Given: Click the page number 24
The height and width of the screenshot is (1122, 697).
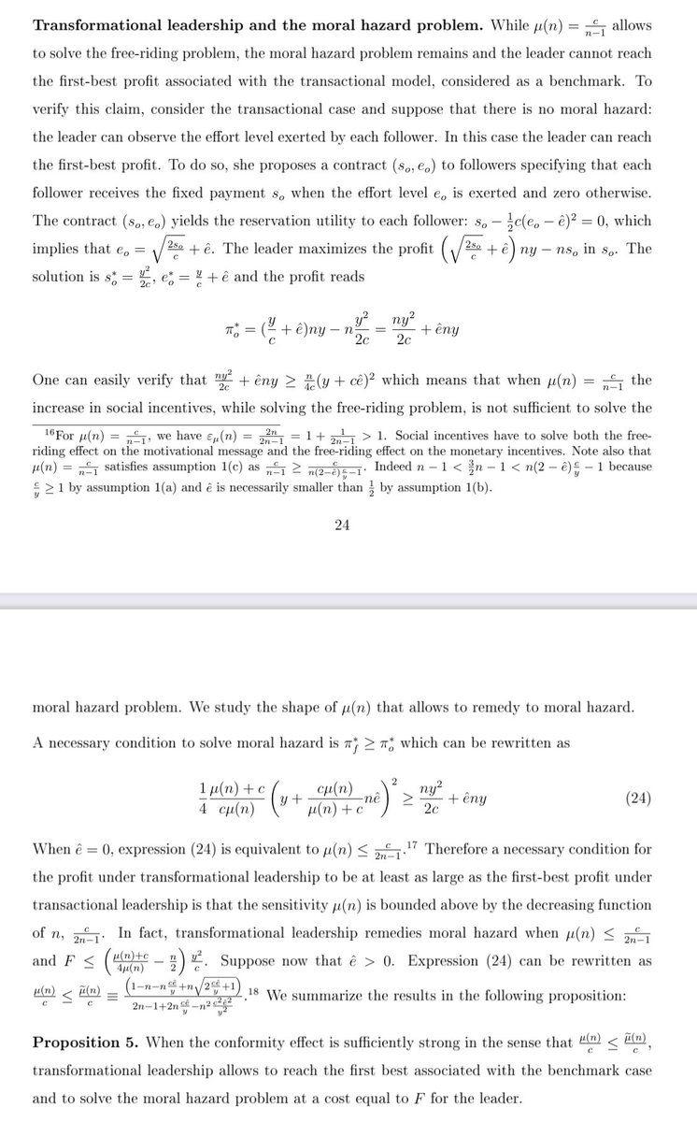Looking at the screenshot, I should pyautogui.click(x=342, y=525).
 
